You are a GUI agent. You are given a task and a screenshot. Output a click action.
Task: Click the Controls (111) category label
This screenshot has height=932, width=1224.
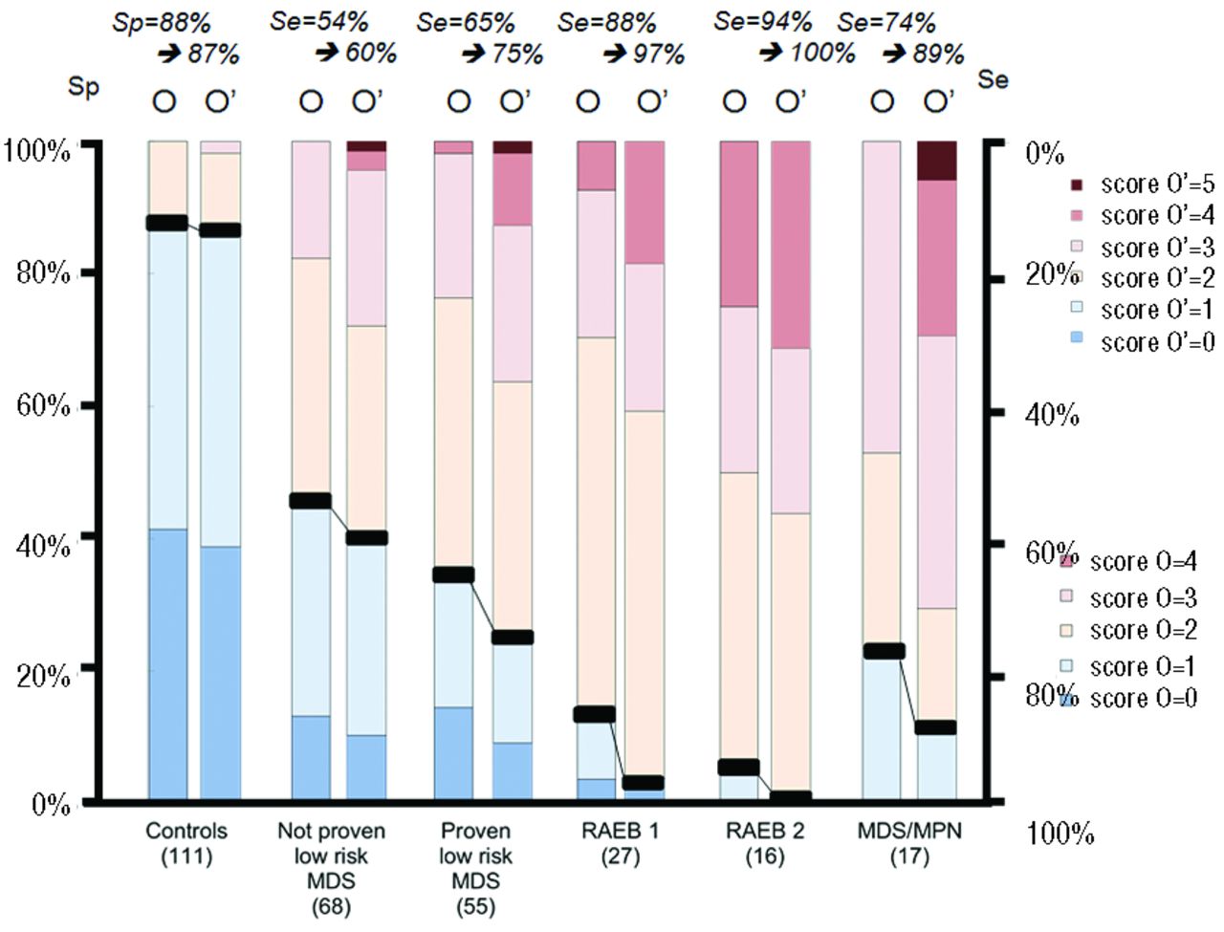point(186,842)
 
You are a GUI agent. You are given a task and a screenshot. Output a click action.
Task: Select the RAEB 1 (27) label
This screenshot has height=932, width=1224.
point(620,842)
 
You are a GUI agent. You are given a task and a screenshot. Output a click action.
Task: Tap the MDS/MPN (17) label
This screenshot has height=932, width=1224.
point(909,842)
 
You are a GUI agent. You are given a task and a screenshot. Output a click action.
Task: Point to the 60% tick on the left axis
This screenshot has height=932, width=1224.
point(38,406)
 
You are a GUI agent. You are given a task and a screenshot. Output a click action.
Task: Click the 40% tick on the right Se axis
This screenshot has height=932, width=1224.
point(1052,415)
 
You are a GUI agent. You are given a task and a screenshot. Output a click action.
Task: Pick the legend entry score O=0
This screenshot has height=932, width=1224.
point(1132,698)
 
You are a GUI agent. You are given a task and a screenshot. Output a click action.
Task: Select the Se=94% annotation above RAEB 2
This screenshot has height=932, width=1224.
point(762,21)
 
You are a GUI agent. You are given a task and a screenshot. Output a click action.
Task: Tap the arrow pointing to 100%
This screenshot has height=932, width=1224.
point(771,54)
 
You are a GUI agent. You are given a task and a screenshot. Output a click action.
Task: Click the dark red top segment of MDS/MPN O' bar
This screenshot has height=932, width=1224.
point(936,161)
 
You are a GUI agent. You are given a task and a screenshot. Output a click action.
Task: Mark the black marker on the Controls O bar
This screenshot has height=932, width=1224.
point(167,223)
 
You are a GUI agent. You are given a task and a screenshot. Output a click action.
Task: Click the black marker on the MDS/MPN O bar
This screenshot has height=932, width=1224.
point(883,651)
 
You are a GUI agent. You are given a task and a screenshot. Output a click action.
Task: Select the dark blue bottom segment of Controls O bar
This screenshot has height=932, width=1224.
point(167,664)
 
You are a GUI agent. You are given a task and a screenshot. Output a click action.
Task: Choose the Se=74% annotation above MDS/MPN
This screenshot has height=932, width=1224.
point(886,22)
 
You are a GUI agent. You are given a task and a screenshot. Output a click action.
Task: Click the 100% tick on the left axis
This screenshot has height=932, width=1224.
point(38,150)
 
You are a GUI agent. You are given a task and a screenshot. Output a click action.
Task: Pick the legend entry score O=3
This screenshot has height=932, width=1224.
point(1132,597)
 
